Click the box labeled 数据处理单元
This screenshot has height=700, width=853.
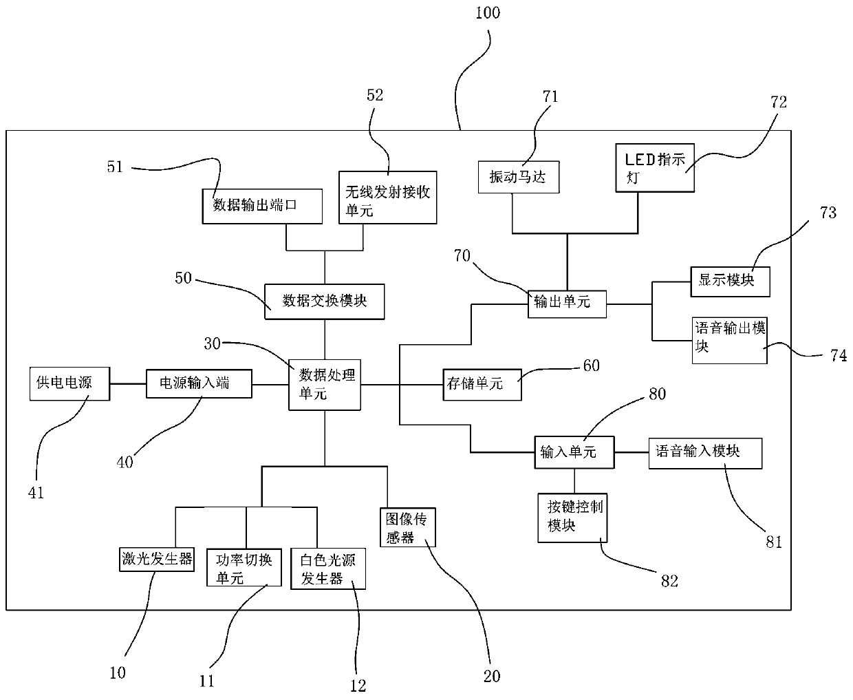(325, 385)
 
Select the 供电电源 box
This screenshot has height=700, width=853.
(69, 383)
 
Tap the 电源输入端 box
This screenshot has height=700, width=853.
(199, 383)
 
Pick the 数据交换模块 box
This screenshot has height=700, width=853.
(325, 301)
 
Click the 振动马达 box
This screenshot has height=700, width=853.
(519, 177)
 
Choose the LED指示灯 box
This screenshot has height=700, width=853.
(655, 167)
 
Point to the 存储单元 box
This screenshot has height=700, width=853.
(482, 384)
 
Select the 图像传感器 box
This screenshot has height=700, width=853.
(408, 527)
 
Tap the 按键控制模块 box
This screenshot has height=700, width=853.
(572, 518)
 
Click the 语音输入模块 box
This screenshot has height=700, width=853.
(705, 453)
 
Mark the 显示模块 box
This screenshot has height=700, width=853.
(730, 282)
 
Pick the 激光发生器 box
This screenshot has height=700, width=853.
(157, 559)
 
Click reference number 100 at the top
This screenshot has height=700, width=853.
(488, 13)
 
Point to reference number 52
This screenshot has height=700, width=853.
(374, 95)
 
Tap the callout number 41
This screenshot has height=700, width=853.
(36, 493)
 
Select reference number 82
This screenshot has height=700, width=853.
(669, 582)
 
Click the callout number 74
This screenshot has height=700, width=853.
(839, 356)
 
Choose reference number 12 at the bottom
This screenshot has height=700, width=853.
(358, 686)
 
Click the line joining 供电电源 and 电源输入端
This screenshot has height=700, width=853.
(128, 383)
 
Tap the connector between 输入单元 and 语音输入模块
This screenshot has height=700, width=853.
(631, 452)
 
